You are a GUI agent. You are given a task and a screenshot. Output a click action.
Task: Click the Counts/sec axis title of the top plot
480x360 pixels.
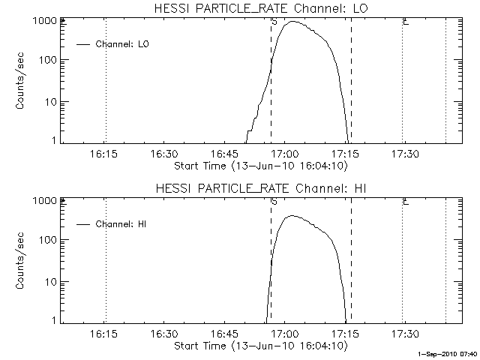click(x=22, y=81)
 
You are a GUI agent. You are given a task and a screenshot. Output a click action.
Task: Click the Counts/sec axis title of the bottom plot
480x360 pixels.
click(x=22, y=261)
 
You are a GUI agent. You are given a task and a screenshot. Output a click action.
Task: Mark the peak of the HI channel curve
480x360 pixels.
click(x=292, y=216)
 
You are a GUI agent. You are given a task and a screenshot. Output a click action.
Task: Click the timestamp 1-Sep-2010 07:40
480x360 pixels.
click(x=448, y=353)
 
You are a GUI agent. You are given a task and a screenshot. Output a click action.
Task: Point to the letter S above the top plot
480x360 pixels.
click(x=274, y=21)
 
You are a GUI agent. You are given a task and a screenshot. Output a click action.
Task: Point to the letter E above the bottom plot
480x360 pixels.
click(x=405, y=201)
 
